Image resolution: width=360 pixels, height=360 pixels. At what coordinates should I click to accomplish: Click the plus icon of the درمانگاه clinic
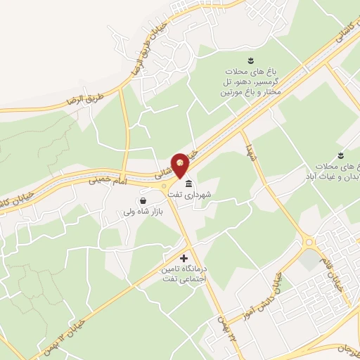(185, 258)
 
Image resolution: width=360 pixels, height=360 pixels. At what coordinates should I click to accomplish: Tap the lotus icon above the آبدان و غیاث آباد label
(340, 154)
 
